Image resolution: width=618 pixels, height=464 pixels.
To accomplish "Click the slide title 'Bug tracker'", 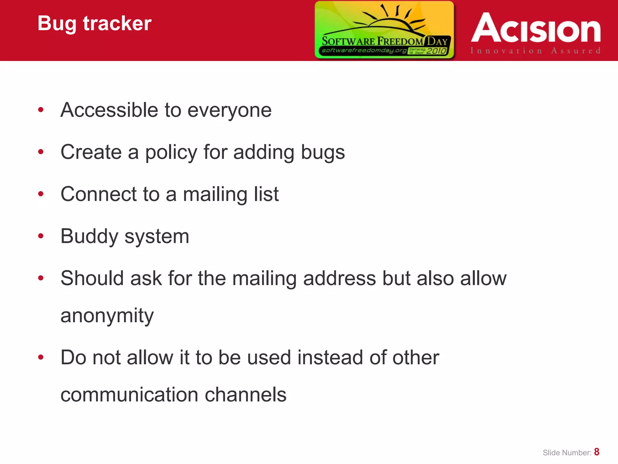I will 94,24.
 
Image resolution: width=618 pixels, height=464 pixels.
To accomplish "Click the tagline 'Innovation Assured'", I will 536,51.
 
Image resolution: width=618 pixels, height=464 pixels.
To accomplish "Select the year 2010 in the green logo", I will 436,51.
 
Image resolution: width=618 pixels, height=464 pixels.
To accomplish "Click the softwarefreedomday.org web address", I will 364,50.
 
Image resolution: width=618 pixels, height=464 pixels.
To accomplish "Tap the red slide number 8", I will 597,452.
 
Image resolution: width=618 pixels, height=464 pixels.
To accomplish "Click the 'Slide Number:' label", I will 567,453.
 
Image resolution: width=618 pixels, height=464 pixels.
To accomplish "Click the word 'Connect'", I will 98,194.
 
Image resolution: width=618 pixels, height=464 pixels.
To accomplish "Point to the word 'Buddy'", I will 89,237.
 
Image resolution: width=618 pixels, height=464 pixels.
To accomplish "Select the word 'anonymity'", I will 107,316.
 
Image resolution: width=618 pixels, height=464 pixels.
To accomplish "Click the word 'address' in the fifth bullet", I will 339,278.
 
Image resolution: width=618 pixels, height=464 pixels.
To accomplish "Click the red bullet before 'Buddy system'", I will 41,236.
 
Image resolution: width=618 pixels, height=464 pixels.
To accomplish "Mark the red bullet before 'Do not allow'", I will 41,357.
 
